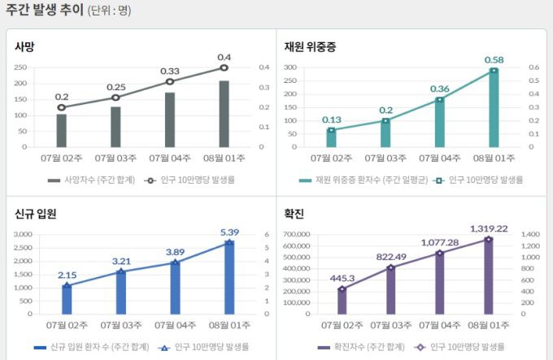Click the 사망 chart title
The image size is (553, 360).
coord(24,46)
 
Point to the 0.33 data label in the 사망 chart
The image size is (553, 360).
coord(170,72)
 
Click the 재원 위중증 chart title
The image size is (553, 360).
coord(311,46)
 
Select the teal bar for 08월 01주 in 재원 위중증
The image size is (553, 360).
coord(494,109)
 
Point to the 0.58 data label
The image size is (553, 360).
coord(494,60)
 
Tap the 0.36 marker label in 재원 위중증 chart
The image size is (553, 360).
coord(440,89)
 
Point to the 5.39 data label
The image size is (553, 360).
coord(229,232)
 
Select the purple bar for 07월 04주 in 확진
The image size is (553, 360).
coord(440,283)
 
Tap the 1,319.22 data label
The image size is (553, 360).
coord(488,229)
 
